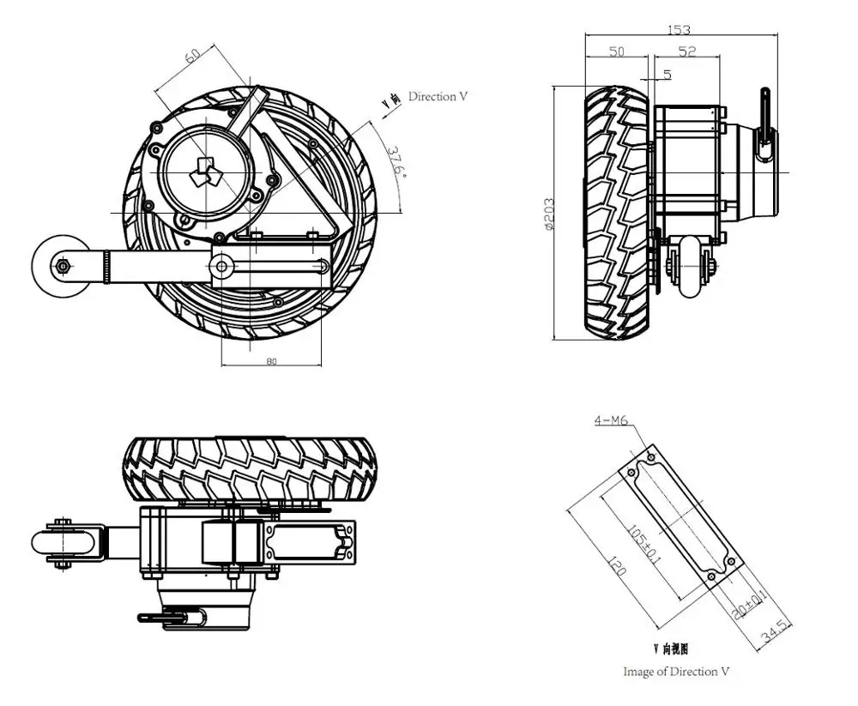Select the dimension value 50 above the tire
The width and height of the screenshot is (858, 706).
(617, 52)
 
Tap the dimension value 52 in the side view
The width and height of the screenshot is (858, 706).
(687, 52)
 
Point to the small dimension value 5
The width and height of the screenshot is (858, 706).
(668, 75)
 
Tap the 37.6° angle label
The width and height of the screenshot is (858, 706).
(394, 160)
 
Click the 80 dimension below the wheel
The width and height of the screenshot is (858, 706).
(271, 361)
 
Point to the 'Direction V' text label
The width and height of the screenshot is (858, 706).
(438, 97)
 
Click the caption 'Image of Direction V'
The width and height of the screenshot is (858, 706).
(676, 672)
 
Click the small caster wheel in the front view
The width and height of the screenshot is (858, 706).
(63, 266)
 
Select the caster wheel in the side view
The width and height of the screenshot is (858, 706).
(692, 268)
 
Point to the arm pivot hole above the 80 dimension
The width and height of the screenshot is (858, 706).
(222, 267)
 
